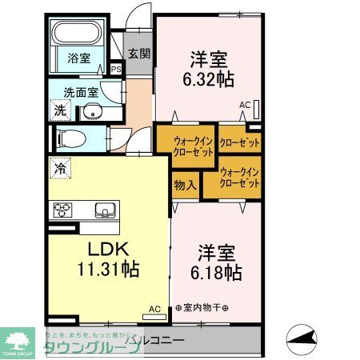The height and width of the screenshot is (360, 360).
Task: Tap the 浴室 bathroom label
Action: [x=78, y=58]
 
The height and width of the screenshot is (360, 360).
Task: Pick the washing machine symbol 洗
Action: [x=60, y=110]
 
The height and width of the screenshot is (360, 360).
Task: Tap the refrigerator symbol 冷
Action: [x=59, y=168]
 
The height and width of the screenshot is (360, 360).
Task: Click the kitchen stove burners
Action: [x=63, y=210]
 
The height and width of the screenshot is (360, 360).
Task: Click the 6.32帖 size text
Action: [x=208, y=78]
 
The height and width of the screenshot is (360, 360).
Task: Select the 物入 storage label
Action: [x=186, y=185]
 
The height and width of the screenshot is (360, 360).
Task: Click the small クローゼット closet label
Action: [x=240, y=143]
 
